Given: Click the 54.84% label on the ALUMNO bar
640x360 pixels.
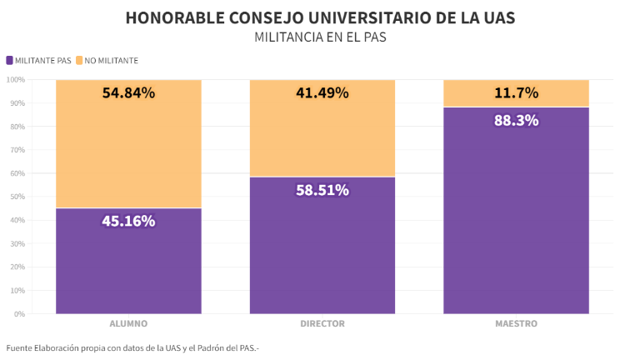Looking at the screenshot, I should point(128,92).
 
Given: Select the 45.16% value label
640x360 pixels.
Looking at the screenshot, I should point(128,221).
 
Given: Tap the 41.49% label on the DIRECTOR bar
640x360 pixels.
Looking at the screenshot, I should point(322,92).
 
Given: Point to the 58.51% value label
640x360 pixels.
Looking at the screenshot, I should point(322,190).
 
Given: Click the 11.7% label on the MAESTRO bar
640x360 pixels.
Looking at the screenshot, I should point(516,92).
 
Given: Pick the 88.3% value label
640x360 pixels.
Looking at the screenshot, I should point(516,120).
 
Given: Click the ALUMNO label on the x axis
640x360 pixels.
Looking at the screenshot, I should point(128,323).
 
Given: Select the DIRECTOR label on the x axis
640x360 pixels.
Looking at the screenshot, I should point(322,323).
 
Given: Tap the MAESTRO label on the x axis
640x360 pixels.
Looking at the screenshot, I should point(516,323).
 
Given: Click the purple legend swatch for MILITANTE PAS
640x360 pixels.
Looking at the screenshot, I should point(9,60).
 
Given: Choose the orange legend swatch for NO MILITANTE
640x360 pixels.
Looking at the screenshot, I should point(79,60).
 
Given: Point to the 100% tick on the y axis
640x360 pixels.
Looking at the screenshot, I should point(16,80).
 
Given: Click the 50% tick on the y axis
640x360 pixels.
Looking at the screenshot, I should point(17,197).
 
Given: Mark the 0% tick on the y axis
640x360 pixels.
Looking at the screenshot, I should point(20,314).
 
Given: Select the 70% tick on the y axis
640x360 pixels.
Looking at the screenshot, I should point(17,150).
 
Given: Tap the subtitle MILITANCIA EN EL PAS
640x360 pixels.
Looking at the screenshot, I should point(320,37).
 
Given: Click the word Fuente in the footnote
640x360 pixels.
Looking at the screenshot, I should point(19,347).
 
